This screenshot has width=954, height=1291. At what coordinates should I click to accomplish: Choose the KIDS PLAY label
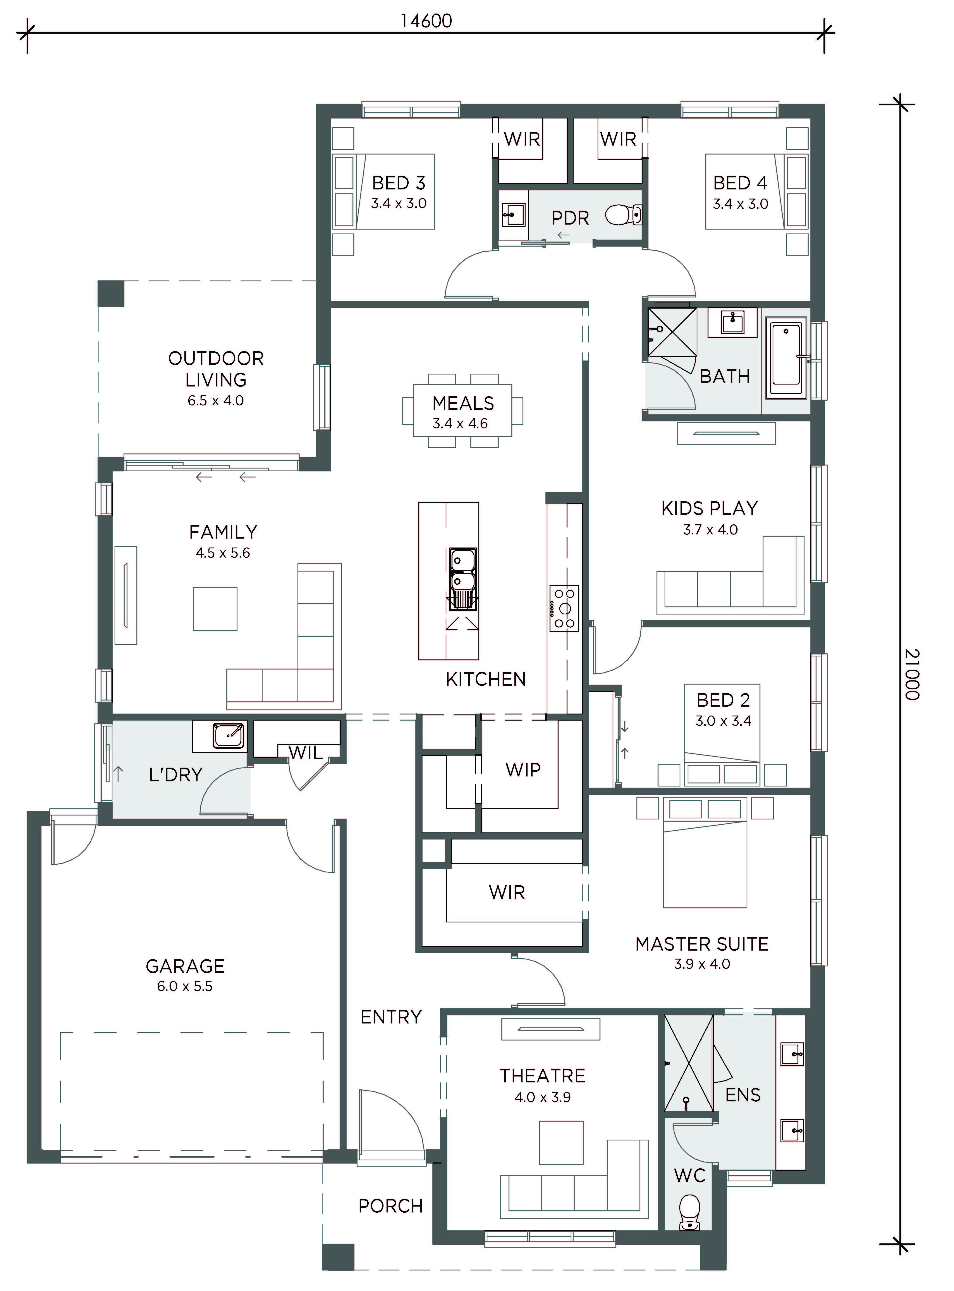click(710, 508)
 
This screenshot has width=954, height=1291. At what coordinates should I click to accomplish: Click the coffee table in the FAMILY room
click(215, 609)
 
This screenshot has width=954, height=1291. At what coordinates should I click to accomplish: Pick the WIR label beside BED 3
click(522, 139)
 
